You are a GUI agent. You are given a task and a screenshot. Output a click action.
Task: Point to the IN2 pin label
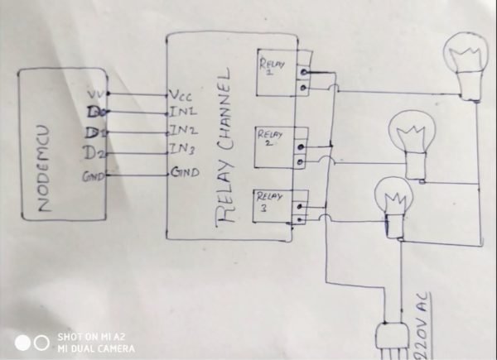pyautogui.click(x=183, y=130)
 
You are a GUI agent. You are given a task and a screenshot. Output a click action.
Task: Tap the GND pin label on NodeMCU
pyautogui.click(x=91, y=176)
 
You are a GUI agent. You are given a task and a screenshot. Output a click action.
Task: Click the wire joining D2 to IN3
pyautogui.click(x=137, y=152)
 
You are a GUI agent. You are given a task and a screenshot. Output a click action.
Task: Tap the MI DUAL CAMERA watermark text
pyautogui.click(x=95, y=348)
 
